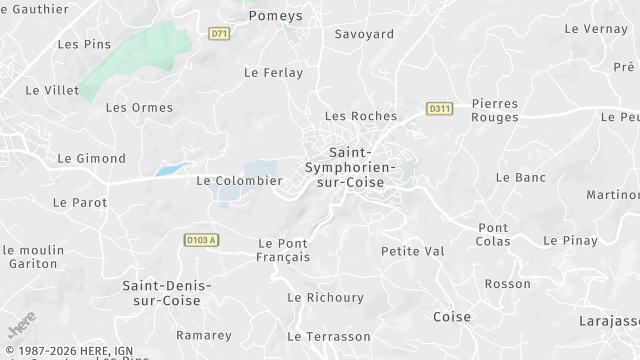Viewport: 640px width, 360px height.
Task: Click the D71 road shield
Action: tap(219, 33)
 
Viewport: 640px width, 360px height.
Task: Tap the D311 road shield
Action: tap(437, 108)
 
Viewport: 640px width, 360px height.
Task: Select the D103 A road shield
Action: tap(201, 240)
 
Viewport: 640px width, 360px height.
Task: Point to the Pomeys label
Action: tap(274, 15)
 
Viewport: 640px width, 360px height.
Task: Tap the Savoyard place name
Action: tap(364, 34)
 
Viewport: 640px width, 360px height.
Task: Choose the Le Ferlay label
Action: tap(273, 73)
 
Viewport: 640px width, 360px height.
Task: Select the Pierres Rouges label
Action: tap(495, 110)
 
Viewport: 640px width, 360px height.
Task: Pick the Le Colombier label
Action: tap(239, 181)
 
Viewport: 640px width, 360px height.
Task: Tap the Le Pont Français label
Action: tap(284, 250)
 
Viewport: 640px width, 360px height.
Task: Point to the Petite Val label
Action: tap(412, 250)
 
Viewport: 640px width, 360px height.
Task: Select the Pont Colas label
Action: tap(493, 235)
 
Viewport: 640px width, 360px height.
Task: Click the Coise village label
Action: tap(452, 317)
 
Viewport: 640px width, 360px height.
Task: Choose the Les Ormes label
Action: tap(139, 108)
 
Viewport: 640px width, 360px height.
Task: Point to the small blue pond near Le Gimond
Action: tap(171, 170)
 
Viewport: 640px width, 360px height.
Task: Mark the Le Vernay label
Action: tap(595, 29)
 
